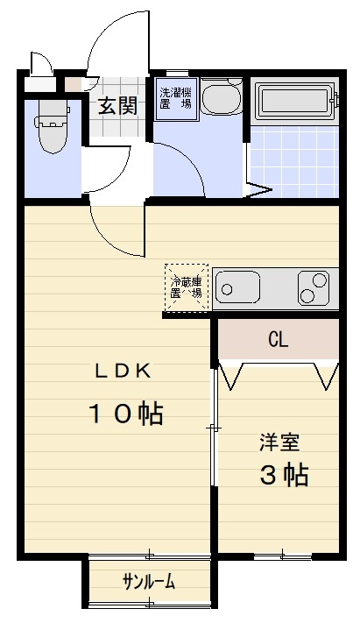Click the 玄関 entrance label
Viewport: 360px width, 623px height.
click(x=116, y=107)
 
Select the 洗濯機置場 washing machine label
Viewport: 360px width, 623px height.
click(x=174, y=97)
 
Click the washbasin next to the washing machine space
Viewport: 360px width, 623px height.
click(x=221, y=97)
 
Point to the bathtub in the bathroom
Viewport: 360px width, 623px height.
click(x=293, y=100)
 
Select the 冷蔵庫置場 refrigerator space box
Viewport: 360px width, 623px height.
click(x=187, y=286)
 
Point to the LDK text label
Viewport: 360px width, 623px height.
click(x=124, y=371)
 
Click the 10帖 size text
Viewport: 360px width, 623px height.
click(x=125, y=414)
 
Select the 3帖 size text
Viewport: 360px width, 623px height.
click(x=283, y=475)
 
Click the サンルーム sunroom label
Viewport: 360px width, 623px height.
click(x=149, y=582)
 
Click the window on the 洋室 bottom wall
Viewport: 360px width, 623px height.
click(x=282, y=556)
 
